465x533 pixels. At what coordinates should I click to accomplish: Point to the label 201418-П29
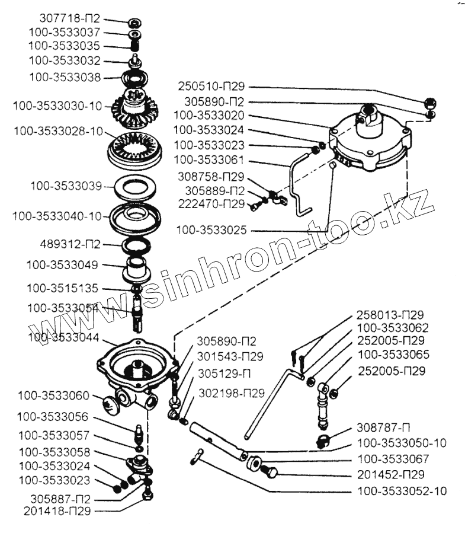coord(58,509)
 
